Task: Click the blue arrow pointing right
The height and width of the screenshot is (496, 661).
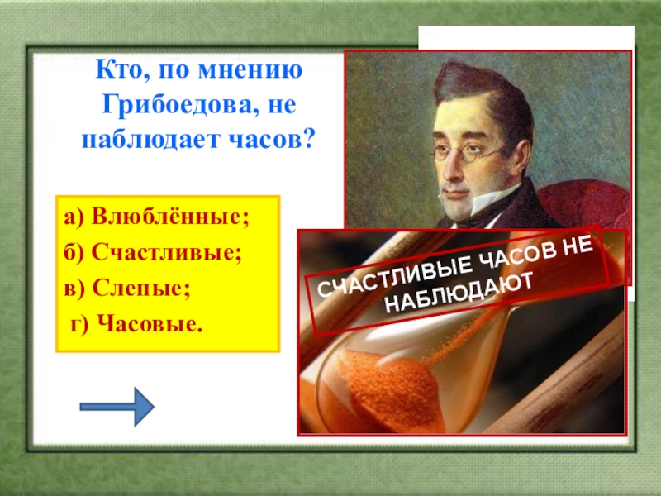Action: [117, 407]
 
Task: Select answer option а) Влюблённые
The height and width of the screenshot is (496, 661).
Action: [156, 217]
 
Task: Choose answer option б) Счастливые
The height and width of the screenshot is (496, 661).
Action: [153, 253]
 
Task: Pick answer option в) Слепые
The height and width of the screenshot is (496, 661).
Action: [127, 289]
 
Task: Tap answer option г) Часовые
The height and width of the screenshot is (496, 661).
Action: [136, 325]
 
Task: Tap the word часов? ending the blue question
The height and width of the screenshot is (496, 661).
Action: [272, 140]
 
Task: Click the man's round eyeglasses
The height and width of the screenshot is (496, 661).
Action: [466, 152]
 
